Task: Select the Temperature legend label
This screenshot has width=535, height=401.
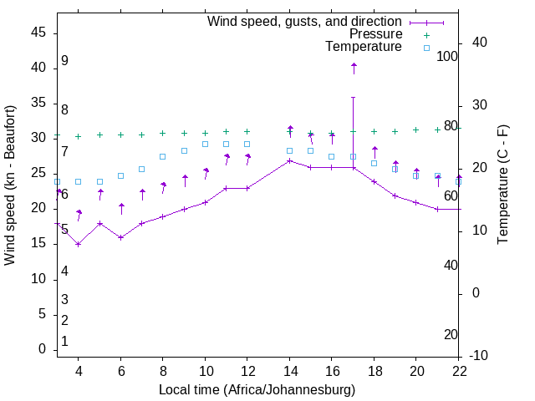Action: (364, 48)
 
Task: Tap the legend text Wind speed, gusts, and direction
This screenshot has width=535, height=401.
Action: (305, 21)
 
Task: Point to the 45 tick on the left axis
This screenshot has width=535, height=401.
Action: (38, 32)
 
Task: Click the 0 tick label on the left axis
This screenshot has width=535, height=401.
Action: (43, 349)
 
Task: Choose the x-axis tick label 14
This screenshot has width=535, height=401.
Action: (289, 372)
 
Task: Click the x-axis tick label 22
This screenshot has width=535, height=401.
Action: (459, 372)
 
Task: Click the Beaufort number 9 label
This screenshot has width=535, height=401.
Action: (64, 61)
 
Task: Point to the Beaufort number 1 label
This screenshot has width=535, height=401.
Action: (64, 341)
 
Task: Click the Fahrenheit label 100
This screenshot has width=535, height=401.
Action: (447, 56)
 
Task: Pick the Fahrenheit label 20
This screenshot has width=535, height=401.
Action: (451, 334)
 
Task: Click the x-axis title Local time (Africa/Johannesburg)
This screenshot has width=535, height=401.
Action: (257, 389)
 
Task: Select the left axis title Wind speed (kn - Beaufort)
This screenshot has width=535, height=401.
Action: (10, 185)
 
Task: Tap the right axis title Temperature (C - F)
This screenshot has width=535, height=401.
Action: (502, 185)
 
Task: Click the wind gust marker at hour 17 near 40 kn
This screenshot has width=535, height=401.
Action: (354, 65)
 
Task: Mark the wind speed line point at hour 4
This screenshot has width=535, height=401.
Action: (78, 244)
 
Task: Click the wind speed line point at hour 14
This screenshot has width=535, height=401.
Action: (289, 160)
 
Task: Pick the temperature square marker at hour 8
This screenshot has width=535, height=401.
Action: (163, 156)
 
